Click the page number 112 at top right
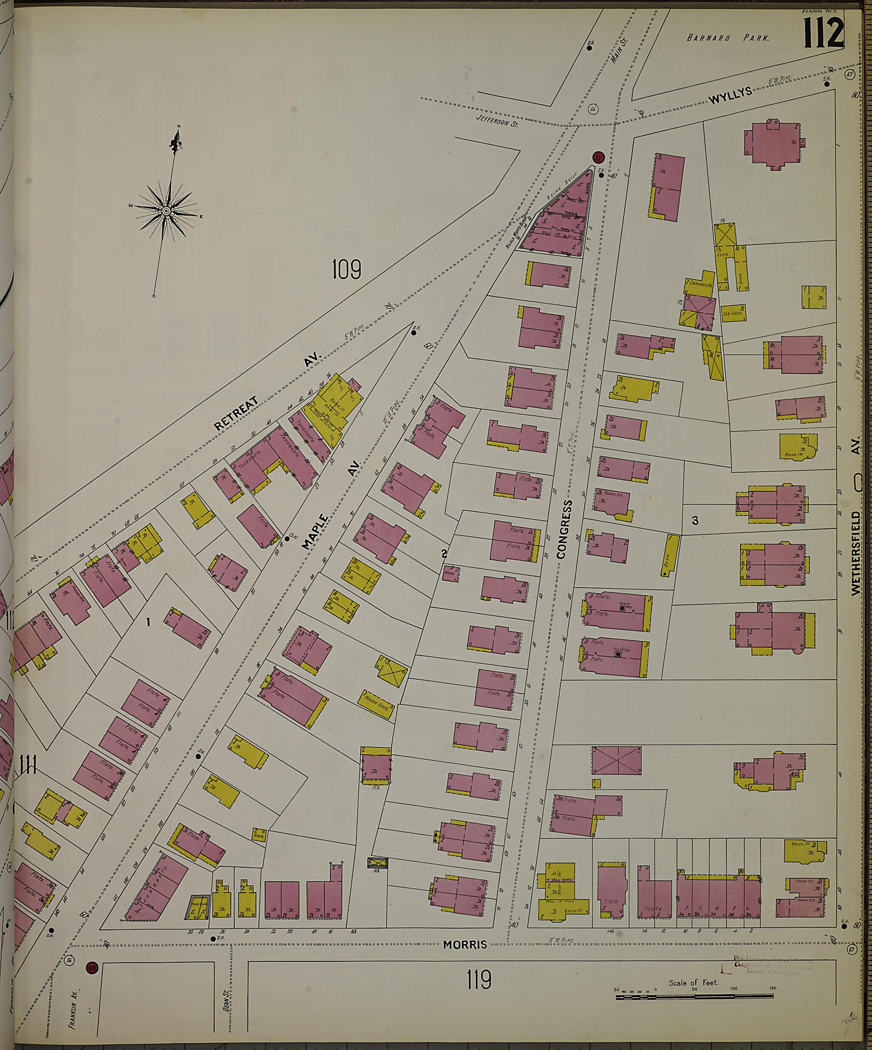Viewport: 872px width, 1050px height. point(823,33)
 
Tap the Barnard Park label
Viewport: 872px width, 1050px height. point(728,38)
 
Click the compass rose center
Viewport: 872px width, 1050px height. point(166,212)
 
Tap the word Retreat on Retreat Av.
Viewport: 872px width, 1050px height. point(237,413)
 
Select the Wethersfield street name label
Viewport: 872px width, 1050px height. point(857,553)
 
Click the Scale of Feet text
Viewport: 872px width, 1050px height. point(693,983)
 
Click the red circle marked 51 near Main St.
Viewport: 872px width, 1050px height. point(598,158)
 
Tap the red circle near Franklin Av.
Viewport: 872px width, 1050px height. point(92,967)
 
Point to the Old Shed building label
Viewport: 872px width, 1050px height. point(734,313)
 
